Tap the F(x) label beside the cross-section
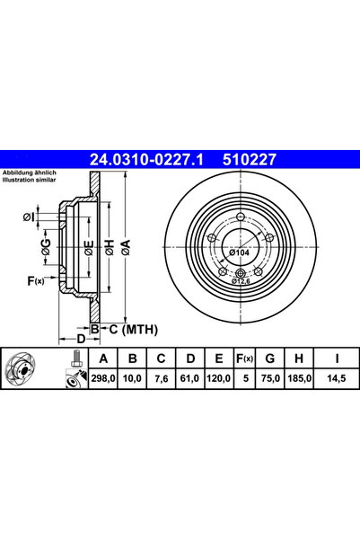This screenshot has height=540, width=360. click(x=35, y=282)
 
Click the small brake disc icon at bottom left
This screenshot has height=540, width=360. click(x=24, y=370)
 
